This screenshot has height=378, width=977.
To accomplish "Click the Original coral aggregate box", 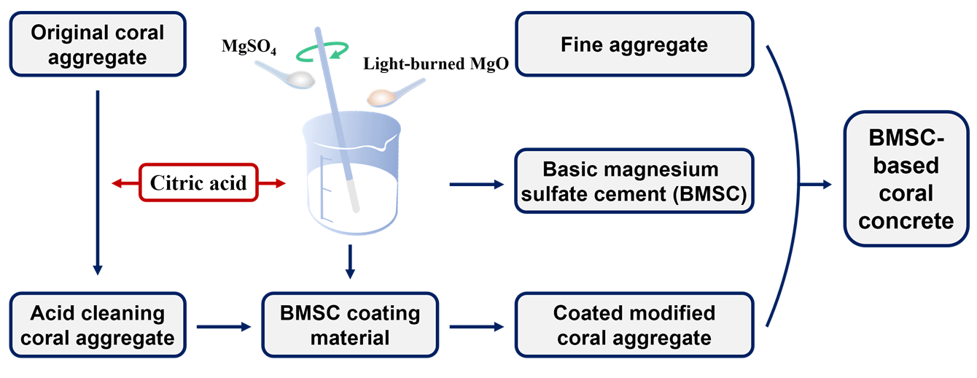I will tap(97, 43).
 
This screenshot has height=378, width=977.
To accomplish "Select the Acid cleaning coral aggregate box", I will tap(97, 325).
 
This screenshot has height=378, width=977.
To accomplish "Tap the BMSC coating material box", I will tap(350, 325).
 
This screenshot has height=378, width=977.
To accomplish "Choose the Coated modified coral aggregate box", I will tap(633, 325).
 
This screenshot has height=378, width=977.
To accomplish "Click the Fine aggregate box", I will tap(633, 44).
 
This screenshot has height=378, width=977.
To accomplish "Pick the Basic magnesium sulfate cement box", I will tap(633, 182).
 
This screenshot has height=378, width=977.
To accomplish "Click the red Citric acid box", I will tap(198, 184).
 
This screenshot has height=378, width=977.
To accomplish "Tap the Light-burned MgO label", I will tap(435, 64).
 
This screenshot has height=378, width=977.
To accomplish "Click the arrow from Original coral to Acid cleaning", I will tap(97, 182).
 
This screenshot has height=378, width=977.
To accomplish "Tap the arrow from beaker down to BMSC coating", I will tap(350, 261).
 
